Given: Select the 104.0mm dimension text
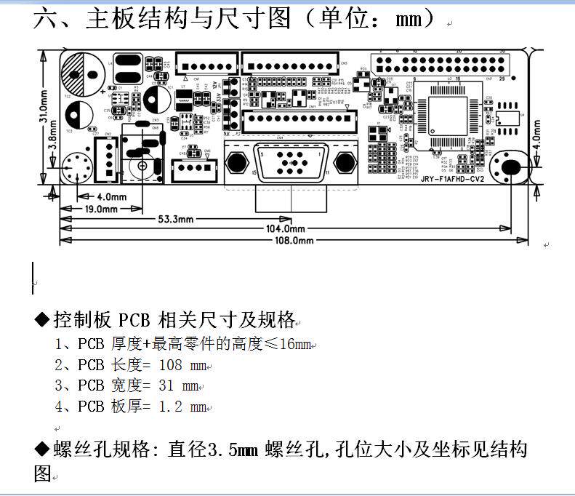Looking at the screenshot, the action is tap(285, 229).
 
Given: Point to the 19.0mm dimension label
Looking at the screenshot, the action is tap(102, 209).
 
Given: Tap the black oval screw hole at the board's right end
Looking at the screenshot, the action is tap(512, 167).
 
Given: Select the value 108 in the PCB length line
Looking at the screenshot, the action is tap(170, 365).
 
